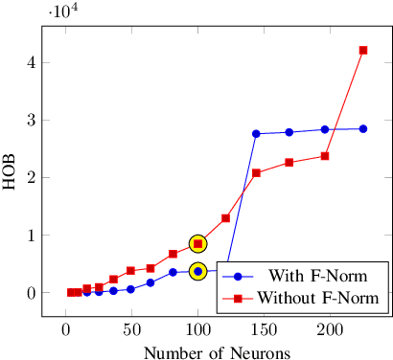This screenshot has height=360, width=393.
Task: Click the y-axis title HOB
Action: pos(11,177)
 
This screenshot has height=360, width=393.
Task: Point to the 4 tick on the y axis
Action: pos(32,62)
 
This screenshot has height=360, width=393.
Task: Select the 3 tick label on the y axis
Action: pos(32,120)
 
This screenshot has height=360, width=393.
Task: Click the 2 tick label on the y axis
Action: pos(32,177)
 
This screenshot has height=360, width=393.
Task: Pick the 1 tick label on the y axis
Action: pos(32,235)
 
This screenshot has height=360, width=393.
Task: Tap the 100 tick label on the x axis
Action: pos(197,329)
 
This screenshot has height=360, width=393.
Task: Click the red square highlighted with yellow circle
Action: pos(197,243)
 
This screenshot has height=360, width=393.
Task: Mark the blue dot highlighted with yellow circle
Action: pos(197,271)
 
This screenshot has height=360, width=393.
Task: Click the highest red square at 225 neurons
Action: pos(363,50)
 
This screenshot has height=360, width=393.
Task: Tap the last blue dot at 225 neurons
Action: pos(363,128)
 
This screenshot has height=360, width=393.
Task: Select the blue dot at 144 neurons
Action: pos(256,133)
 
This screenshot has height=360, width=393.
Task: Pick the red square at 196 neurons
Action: pos(325,156)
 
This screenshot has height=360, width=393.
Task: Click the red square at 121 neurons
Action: pos(225,218)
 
